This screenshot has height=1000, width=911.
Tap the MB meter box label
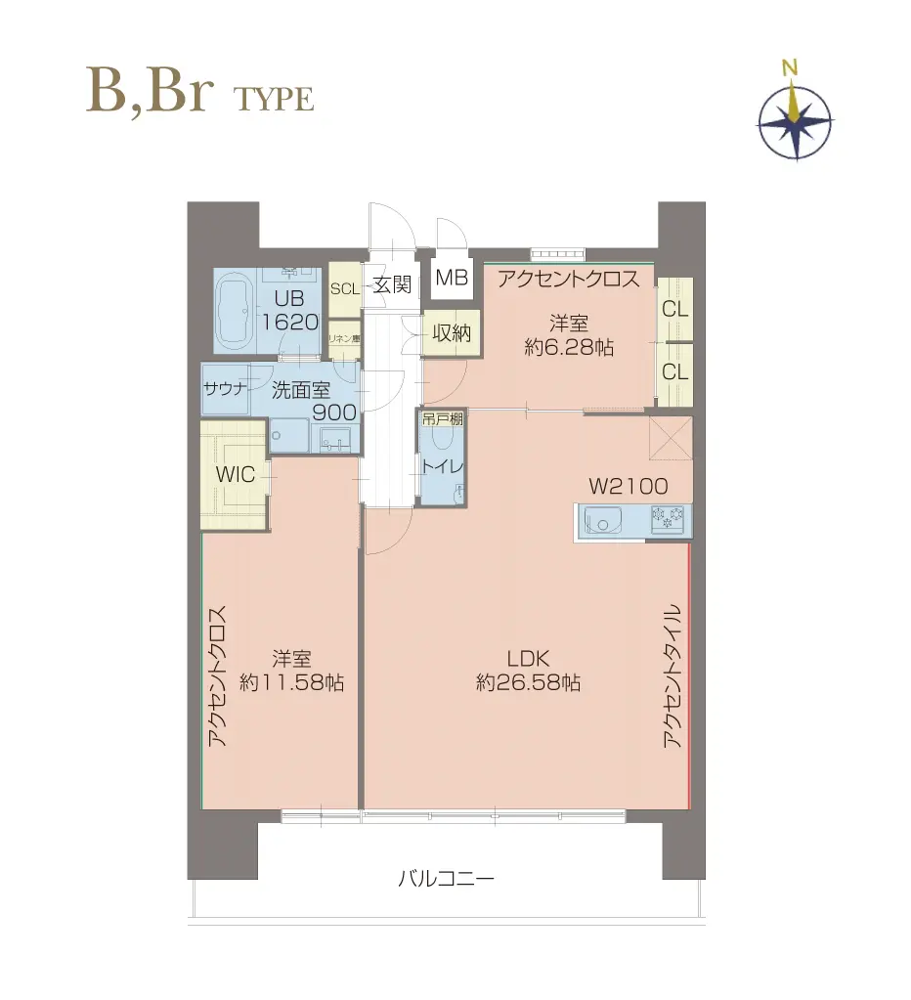(452, 278)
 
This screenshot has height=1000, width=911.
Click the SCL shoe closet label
(344, 288)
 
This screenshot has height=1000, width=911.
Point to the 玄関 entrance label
(391, 286)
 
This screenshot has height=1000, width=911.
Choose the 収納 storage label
(452, 332)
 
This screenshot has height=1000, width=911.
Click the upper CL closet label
(674, 310)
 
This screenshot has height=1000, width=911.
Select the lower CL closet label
(674, 371)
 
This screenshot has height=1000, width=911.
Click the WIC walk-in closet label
(236, 475)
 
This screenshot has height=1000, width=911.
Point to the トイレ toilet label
(443, 466)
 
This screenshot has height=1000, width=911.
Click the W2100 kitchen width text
(628, 486)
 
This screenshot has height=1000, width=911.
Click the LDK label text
(528, 657)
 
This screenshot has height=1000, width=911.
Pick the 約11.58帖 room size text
(290, 684)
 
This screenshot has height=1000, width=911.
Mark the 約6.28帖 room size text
(569, 347)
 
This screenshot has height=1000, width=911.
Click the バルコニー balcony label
(446, 879)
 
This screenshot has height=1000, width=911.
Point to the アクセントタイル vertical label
(672, 676)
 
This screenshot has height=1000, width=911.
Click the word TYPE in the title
(274, 99)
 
